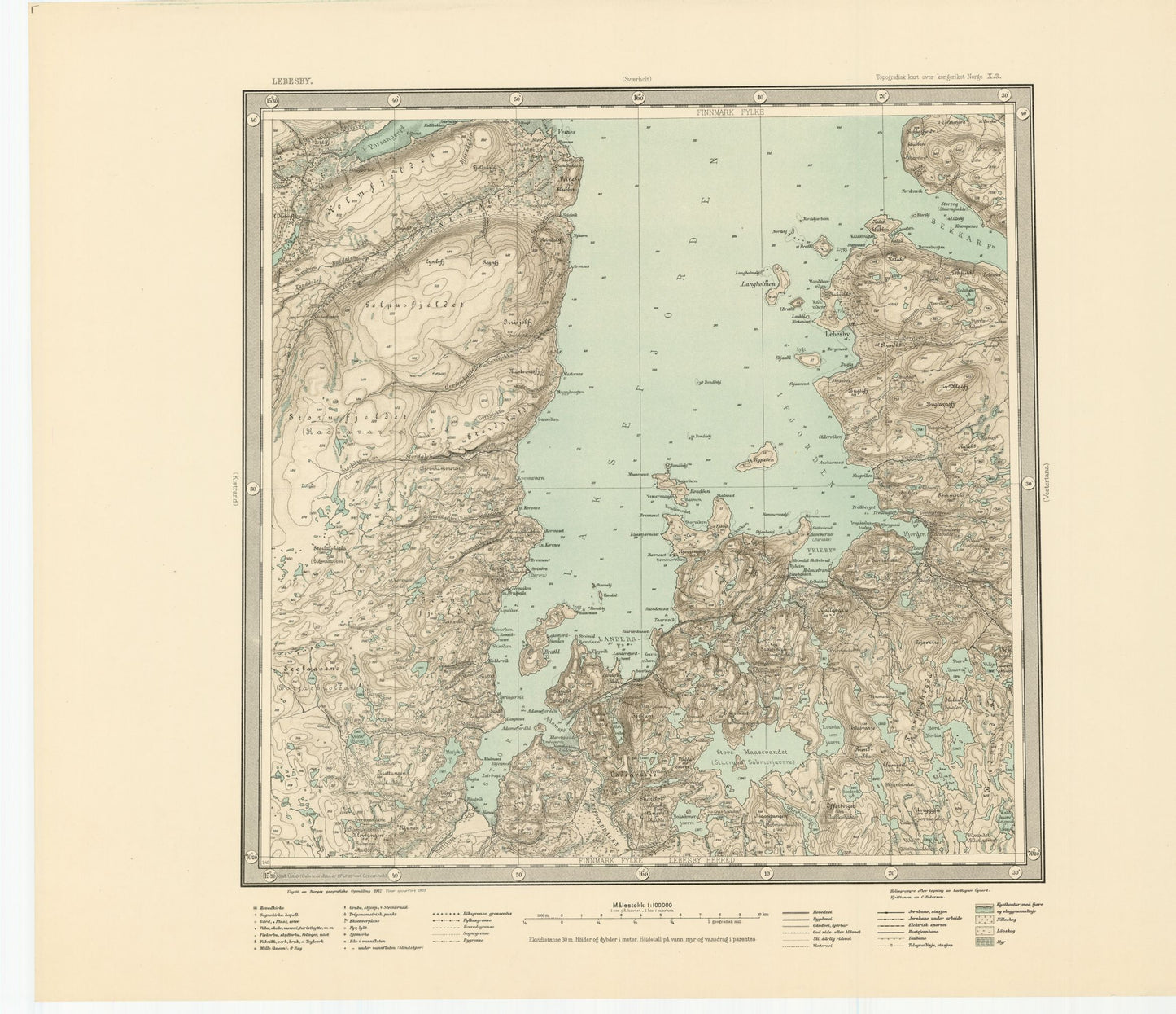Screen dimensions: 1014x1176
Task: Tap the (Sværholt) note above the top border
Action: pos(638,80)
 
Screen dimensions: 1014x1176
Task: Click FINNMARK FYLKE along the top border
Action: pos(730,112)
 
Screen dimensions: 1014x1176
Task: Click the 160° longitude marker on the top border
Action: pos(639,99)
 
